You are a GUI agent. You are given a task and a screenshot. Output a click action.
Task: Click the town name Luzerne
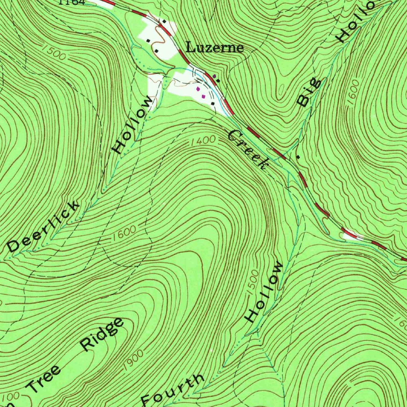coord(215,48)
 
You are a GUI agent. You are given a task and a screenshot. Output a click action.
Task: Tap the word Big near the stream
coord(310,93)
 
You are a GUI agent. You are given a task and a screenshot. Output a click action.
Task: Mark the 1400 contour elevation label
coord(203,141)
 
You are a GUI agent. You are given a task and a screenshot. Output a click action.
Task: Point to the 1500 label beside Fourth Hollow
coord(253,283)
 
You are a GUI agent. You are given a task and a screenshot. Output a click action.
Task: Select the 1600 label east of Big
coord(353,92)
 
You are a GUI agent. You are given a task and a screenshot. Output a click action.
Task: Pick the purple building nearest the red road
coord(215,75)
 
